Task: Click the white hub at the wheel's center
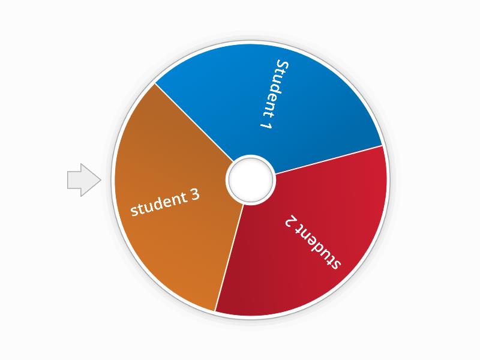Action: tap(251, 179)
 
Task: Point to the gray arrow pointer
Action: tap(83, 179)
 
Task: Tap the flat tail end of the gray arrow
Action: tap(68, 179)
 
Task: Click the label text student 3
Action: tap(165, 203)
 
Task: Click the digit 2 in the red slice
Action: tap(290, 221)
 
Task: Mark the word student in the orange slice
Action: tap(157, 206)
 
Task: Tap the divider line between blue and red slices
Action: tap(327, 160)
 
